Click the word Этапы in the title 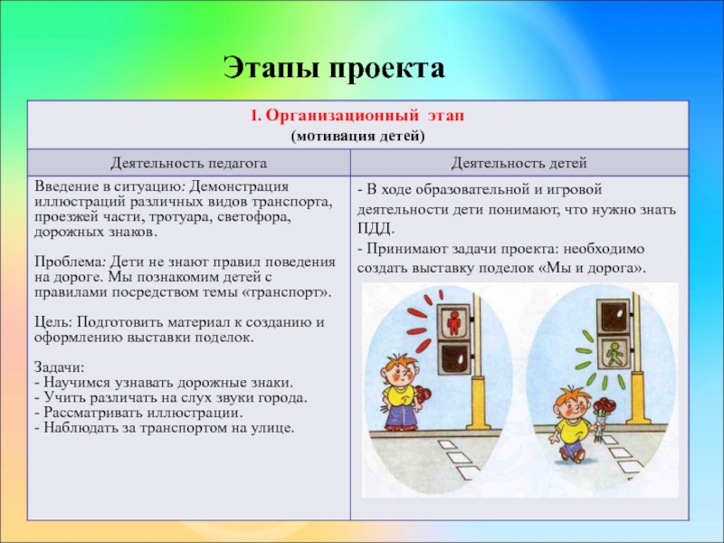[x=272, y=68]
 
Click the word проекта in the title [x=387, y=70]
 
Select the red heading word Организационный [x=341, y=116]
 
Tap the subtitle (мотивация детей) [x=357, y=137]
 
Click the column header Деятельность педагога [x=188, y=163]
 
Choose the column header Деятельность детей [x=519, y=163]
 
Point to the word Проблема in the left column [x=71, y=262]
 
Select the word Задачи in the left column [x=59, y=367]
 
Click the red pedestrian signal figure [x=454, y=321]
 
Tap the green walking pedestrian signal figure [x=614, y=353]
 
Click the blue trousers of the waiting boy [x=401, y=413]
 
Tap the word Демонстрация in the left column [x=239, y=186]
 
